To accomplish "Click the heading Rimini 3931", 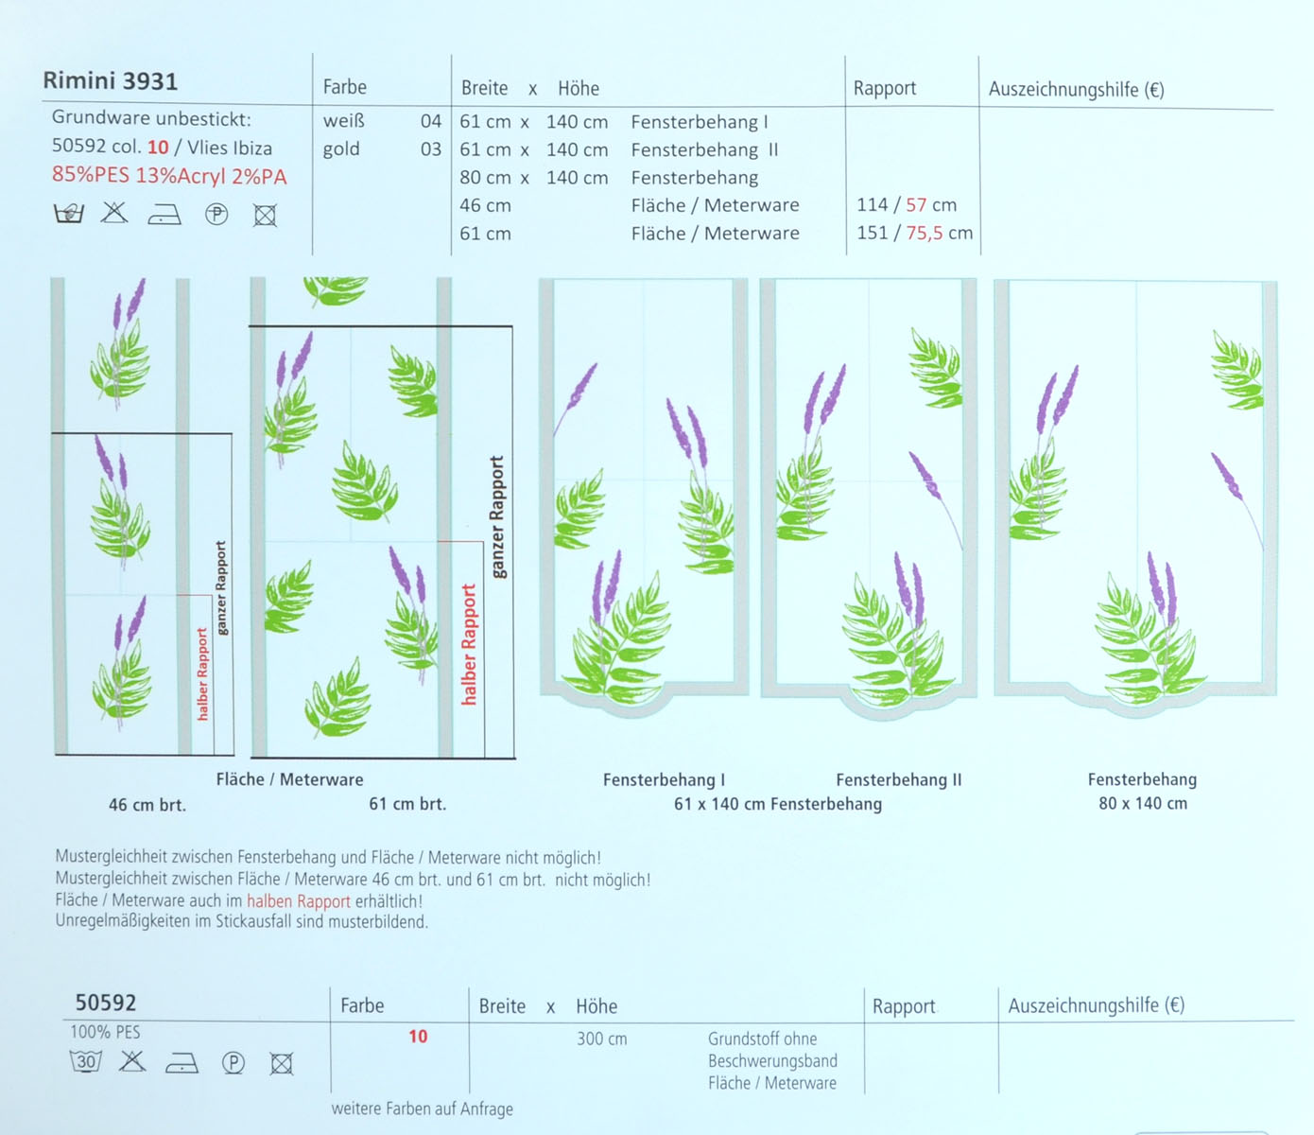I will [110, 81].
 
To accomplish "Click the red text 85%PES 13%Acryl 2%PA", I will [169, 176].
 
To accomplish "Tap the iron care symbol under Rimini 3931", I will [164, 216].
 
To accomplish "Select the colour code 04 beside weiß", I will [431, 121].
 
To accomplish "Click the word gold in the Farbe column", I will [341, 149].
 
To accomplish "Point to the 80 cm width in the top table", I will [485, 178].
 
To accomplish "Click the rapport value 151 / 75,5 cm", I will [914, 234].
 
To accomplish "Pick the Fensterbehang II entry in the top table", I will [704, 149].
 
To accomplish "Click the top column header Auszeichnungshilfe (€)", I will [1076, 90].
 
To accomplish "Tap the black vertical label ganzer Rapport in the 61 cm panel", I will [497, 516].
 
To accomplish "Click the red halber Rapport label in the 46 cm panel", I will [201, 673].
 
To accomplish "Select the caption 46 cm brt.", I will [147, 806].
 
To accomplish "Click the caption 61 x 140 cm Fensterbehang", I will [777, 804].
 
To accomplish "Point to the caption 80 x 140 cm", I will [1142, 804].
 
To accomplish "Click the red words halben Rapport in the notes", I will [298, 901].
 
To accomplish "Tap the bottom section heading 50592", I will [106, 1003].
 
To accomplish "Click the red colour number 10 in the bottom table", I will [418, 1037].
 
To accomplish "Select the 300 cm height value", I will [602, 1039].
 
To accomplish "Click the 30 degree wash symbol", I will [86, 1061].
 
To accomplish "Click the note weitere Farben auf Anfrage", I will [423, 1109].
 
